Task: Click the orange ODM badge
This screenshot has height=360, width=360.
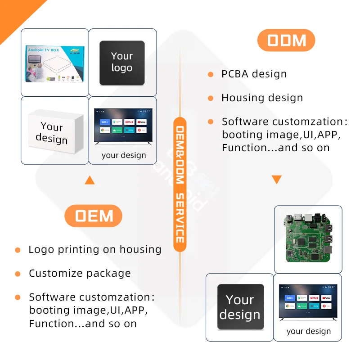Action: click(286, 41)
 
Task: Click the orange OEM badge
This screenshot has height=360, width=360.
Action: click(94, 216)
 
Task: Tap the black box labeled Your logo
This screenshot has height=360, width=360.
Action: click(122, 63)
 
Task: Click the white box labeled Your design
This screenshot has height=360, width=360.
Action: click(55, 131)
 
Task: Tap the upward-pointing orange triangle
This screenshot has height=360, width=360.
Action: click(90, 180)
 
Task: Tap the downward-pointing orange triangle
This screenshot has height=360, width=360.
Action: click(276, 180)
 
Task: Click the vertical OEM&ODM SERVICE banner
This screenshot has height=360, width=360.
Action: click(180, 180)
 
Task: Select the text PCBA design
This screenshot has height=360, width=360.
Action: click(254, 74)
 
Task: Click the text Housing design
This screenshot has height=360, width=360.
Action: click(262, 98)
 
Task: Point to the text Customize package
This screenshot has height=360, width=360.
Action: click(80, 274)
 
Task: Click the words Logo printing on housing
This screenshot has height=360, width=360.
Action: click(94, 250)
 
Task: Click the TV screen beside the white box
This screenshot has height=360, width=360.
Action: click(123, 126)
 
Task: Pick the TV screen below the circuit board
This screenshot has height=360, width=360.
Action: click(308, 302)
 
